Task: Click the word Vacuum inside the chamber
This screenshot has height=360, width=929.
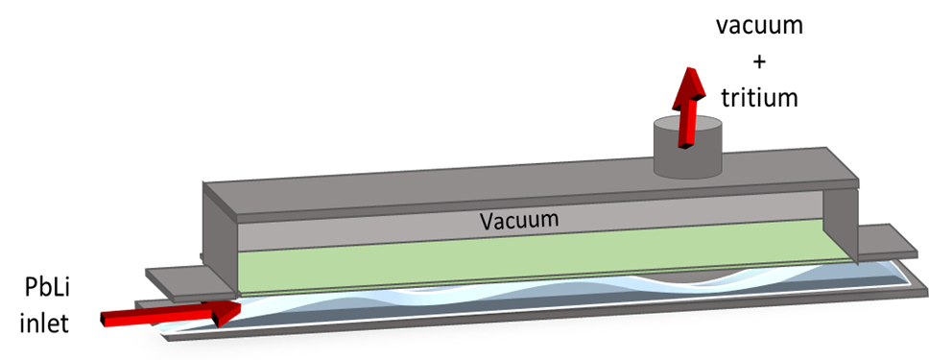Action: [x=519, y=220]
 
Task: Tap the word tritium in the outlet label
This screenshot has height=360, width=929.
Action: [x=759, y=97]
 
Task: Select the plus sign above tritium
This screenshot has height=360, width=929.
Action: [x=759, y=61]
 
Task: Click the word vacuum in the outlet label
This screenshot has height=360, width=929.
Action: [x=759, y=26]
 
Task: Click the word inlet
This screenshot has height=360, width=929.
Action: [x=44, y=324]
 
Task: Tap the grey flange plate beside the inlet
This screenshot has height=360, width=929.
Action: [x=191, y=282]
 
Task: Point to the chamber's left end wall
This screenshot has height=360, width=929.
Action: [x=220, y=242]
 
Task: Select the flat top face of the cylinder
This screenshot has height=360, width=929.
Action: [x=687, y=127]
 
